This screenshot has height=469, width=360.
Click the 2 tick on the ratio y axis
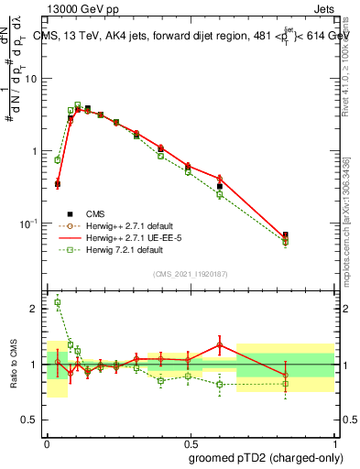38,309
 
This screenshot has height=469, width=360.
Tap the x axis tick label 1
333,441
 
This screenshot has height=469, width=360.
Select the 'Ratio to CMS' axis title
13,365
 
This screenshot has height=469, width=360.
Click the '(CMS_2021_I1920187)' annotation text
190,273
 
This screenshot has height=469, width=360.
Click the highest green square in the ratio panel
58,302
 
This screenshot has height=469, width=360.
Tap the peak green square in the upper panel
78,105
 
